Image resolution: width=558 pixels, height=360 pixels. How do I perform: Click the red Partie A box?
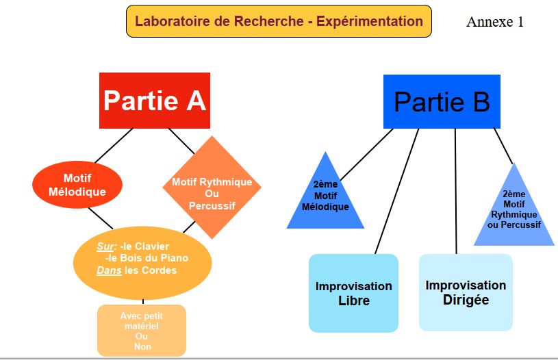(x=154, y=101)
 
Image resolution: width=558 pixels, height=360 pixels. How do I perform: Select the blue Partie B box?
(x=442, y=102)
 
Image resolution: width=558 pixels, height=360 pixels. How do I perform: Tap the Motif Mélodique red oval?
(x=77, y=185)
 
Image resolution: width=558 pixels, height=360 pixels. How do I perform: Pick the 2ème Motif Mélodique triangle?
(x=325, y=198)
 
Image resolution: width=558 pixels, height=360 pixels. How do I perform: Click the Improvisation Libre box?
(x=353, y=293)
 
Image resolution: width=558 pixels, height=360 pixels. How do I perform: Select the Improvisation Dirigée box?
(x=466, y=292)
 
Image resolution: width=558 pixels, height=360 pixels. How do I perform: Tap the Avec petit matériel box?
(x=142, y=330)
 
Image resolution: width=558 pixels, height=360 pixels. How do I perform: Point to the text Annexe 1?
(x=495, y=22)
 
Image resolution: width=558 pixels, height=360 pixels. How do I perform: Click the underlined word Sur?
(x=106, y=246)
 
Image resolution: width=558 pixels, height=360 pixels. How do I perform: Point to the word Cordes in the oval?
(x=160, y=270)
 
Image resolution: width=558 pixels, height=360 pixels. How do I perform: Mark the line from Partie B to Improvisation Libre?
(x=397, y=192)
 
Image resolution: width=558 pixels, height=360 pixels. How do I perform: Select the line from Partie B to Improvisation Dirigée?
(x=456, y=192)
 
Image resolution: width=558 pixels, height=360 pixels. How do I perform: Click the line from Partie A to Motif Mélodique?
(x=115, y=145)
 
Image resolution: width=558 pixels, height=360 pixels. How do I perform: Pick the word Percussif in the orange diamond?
(x=212, y=205)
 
